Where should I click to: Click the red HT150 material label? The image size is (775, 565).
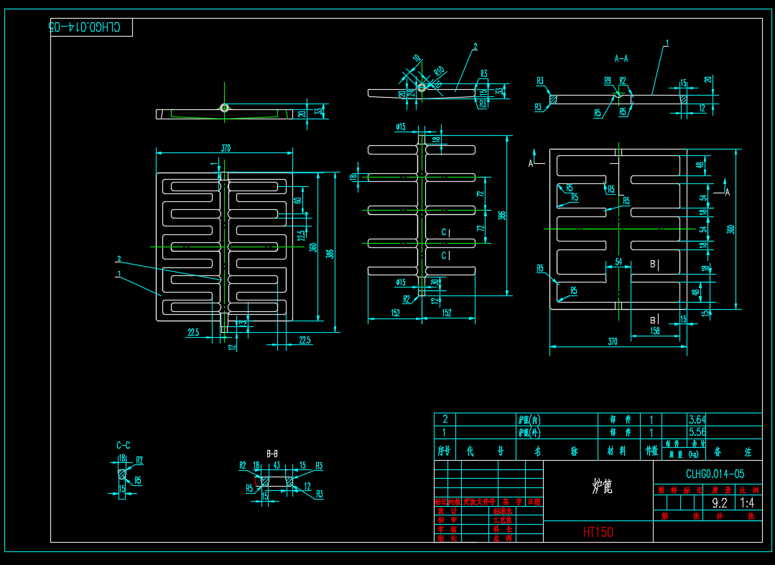(x=598, y=532)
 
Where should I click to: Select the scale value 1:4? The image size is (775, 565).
(x=746, y=503)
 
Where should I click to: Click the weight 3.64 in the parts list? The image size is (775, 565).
(x=697, y=420)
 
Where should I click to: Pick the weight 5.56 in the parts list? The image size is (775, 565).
(x=697, y=433)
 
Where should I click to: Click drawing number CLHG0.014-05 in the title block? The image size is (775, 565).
(x=715, y=474)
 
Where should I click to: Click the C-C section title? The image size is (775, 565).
(x=124, y=446)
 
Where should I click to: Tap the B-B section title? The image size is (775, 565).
(x=272, y=454)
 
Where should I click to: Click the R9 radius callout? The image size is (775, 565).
(x=608, y=81)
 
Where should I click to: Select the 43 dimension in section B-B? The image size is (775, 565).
(x=277, y=465)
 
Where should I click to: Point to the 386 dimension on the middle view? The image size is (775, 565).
(x=502, y=215)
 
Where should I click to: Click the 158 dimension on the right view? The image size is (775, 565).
(x=654, y=331)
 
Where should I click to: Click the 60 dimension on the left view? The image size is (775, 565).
(x=297, y=200)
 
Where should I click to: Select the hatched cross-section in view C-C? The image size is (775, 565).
(x=122, y=474)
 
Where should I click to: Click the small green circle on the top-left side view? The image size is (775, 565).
(x=224, y=108)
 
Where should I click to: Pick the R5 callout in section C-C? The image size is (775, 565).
(x=137, y=480)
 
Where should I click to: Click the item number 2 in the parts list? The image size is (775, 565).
(x=445, y=419)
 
